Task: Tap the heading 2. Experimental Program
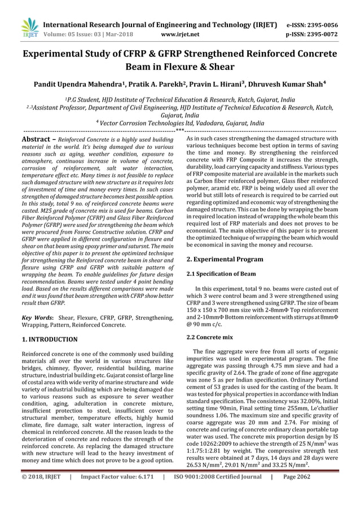coord(225,259)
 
